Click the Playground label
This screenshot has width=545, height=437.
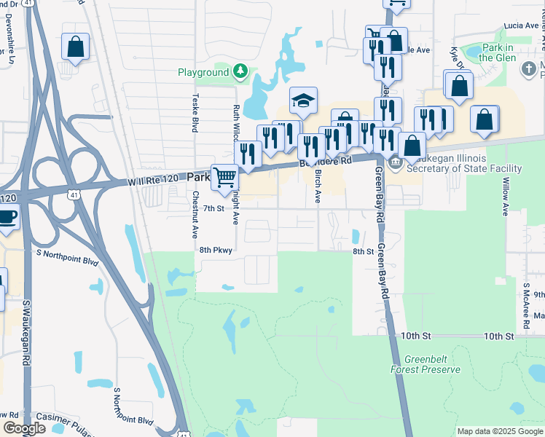(203, 73)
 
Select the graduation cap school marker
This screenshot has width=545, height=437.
(303, 100)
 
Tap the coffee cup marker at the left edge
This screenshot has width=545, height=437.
(7, 218)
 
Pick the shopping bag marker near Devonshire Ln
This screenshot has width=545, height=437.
(75, 47)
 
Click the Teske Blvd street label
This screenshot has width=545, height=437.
(195, 113)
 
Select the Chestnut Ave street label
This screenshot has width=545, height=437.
(195, 216)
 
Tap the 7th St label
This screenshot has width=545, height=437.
(212, 208)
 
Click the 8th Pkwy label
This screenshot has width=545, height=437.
(215, 250)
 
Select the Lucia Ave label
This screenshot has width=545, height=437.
(520, 25)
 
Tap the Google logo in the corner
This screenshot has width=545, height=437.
(24, 428)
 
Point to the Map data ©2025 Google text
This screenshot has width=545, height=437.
(499, 431)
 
